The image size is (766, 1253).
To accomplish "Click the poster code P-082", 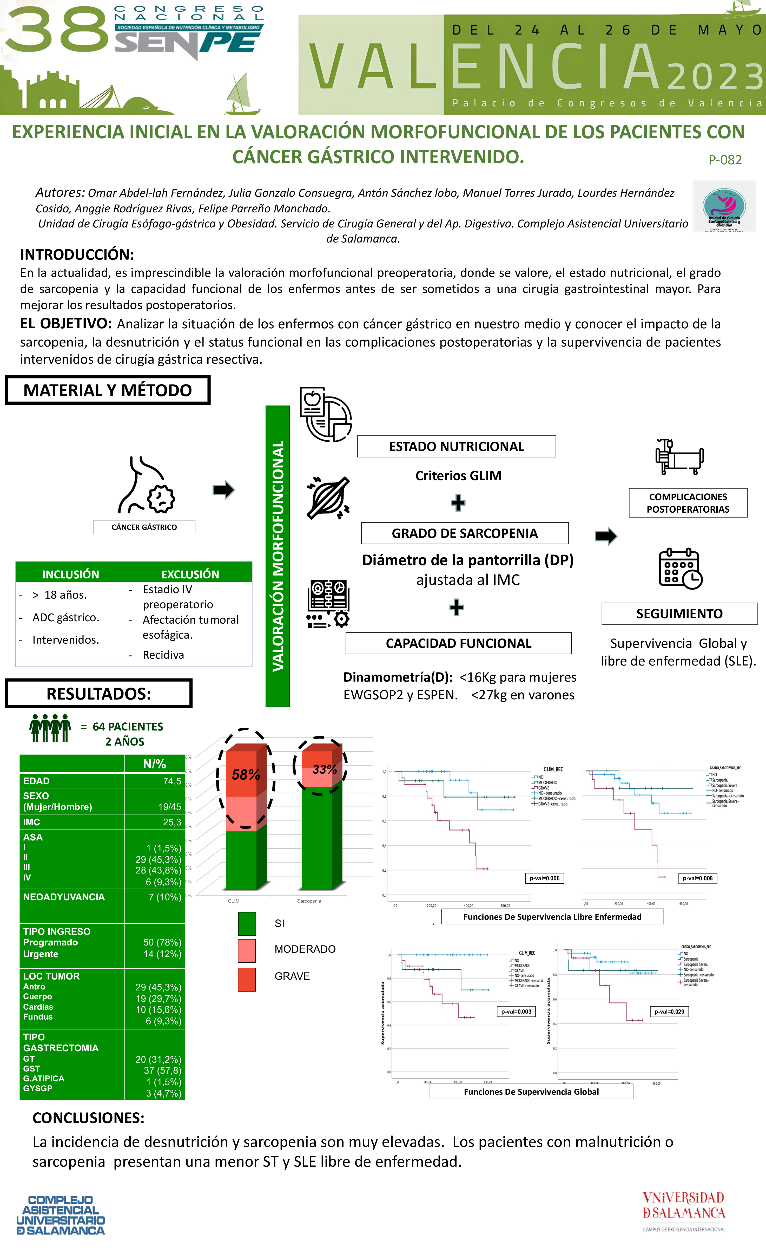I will coord(725,160).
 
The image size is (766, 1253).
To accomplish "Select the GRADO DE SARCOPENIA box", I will coord(465,533).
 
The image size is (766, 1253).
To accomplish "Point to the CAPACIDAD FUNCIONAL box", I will coord(458,643).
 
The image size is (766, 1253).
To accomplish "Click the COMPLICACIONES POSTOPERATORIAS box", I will coord(688,503).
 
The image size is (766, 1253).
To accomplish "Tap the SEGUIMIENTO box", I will coord(679,614).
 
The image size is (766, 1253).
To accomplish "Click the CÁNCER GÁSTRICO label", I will coord(144,527).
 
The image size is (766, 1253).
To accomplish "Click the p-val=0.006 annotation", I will coord(544,878).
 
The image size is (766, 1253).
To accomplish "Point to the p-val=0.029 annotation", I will coord(669,1011).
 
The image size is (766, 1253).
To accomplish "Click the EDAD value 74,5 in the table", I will coord(172,781).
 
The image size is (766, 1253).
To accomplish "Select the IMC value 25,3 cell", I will coord(172,822).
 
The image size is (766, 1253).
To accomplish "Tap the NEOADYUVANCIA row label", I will coord(64,897).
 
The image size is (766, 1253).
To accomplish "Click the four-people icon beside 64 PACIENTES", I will coord(50,728).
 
